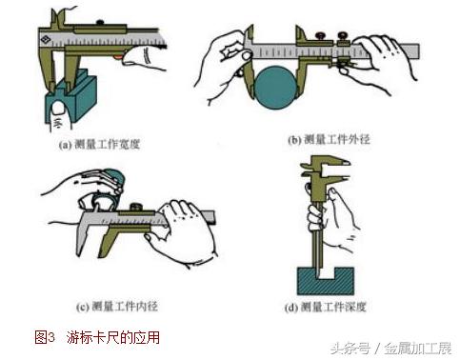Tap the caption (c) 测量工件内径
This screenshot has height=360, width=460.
125,308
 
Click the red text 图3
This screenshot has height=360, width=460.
46,337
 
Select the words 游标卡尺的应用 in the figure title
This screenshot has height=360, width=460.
112,337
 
